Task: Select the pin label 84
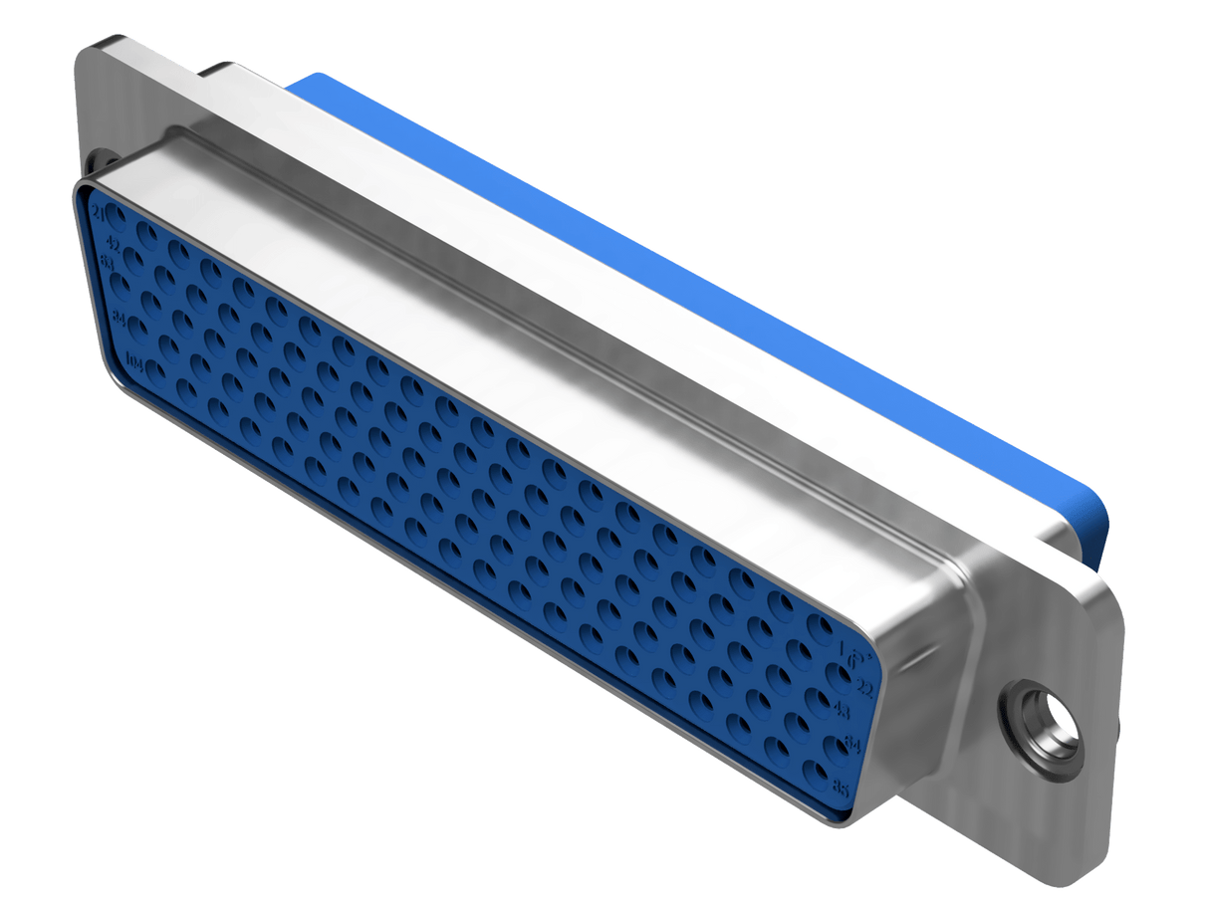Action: tap(120, 319)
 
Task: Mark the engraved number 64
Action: tap(852, 743)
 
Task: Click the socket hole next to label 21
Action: tap(118, 213)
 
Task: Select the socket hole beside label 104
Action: tap(155, 370)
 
